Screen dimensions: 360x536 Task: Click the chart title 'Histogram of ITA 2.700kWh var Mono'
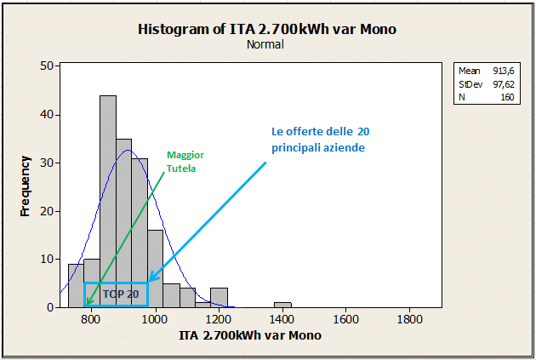pos(267,30)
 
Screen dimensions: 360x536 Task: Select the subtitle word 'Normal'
pos(267,45)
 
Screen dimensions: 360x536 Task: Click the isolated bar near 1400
pos(282,304)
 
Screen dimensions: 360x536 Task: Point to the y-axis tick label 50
pos(48,66)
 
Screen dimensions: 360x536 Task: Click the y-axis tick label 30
pos(48,163)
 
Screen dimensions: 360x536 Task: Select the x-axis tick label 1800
pos(409,320)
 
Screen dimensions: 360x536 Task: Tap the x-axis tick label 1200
pos(218,320)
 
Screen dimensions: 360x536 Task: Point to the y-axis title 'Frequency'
pos(26,186)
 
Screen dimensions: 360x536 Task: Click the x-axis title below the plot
pos(250,336)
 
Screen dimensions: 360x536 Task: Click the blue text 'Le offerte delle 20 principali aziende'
pos(320,140)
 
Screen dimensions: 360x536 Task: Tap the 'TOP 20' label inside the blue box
pos(120,294)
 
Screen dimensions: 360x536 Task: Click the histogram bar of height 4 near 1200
pos(219,297)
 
